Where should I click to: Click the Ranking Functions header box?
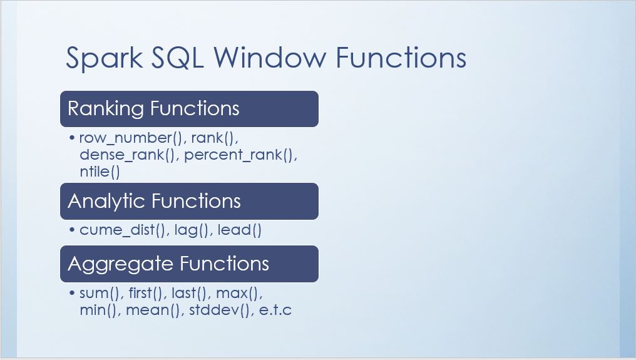[x=189, y=109]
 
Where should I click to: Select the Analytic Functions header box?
[x=189, y=202]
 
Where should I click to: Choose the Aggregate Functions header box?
[x=189, y=264]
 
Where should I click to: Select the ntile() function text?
[x=100, y=172]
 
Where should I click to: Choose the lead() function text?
[x=239, y=230]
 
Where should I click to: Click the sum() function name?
[x=101, y=292]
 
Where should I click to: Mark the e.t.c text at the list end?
[x=275, y=309]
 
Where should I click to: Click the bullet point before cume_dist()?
[x=72, y=230]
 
